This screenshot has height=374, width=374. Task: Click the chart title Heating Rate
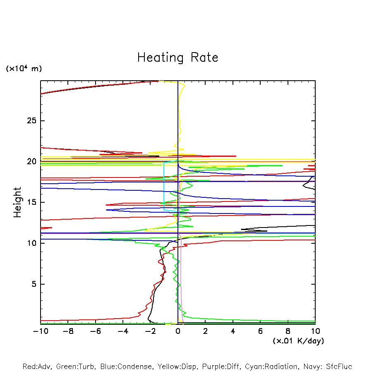(x=177, y=58)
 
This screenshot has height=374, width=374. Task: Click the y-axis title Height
(x=17, y=202)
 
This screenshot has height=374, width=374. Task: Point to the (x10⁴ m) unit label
(x=24, y=69)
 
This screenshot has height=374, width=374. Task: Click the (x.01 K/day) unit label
(x=298, y=341)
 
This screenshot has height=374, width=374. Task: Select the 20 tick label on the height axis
(x=31, y=161)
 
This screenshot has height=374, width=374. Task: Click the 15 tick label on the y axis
(x=31, y=202)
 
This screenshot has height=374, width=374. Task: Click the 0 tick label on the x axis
(x=178, y=331)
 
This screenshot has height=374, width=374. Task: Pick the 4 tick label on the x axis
(x=233, y=331)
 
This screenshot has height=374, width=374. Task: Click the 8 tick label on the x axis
(x=288, y=331)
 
